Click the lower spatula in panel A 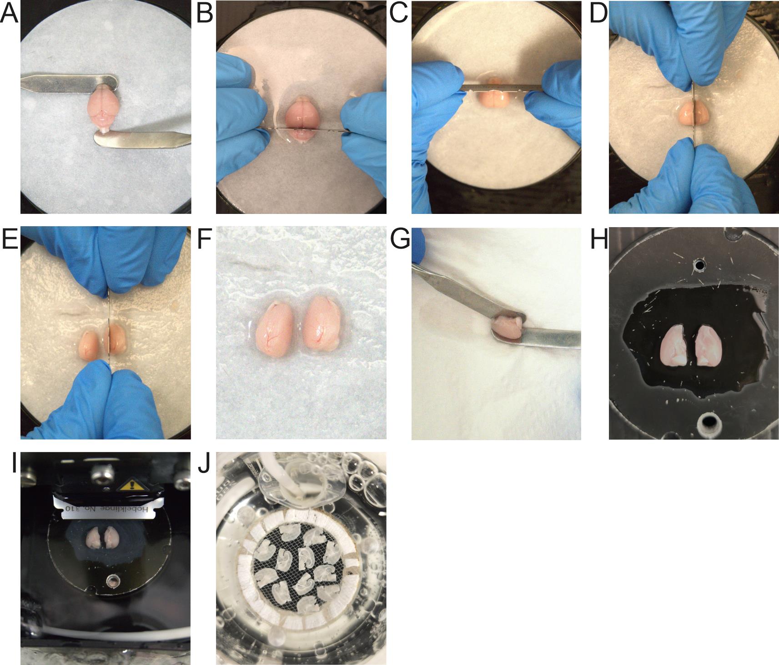[x=141, y=139]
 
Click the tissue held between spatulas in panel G [x=508, y=326]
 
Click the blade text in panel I [x=104, y=508]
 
